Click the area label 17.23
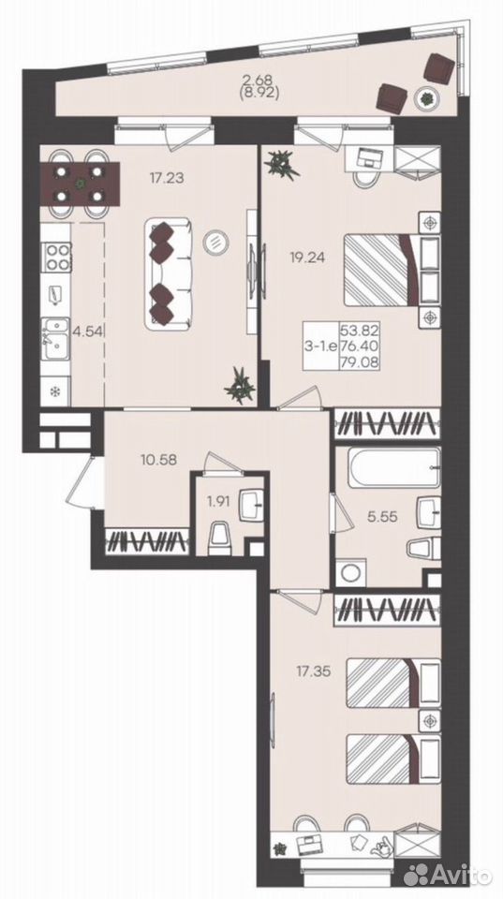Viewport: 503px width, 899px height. click(167, 178)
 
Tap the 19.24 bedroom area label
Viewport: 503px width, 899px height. click(308, 258)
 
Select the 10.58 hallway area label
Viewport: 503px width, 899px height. click(158, 459)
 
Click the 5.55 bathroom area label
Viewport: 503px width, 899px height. click(381, 516)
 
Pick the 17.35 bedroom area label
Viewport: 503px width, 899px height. click(314, 670)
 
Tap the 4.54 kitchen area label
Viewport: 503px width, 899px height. click(85, 332)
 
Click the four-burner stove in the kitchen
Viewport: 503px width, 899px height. click(57, 257)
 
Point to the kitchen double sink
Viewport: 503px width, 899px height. click(56, 339)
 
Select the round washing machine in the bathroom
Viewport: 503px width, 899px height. click(351, 572)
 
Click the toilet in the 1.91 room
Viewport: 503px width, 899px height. click(220, 538)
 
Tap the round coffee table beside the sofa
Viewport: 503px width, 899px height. click(215, 242)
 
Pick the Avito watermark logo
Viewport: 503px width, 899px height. click(449, 875)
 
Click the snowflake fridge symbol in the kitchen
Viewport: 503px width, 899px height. click(56, 392)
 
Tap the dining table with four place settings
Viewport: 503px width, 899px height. click(81, 183)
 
